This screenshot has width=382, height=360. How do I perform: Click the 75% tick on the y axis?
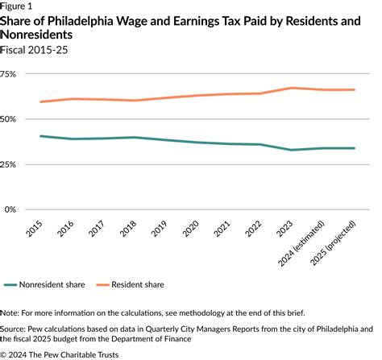(x=9, y=73)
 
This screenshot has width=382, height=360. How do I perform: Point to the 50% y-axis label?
(x=9, y=118)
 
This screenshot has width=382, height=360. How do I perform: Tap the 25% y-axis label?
(x=9, y=164)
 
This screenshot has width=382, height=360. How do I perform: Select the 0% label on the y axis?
(x=11, y=209)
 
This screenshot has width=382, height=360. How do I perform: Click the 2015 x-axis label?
(x=36, y=229)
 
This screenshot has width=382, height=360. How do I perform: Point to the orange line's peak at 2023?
(x=293, y=88)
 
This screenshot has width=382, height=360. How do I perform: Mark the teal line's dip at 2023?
(x=293, y=150)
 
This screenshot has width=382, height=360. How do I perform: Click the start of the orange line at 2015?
(x=40, y=101)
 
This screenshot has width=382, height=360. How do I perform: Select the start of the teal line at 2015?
(x=40, y=136)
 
